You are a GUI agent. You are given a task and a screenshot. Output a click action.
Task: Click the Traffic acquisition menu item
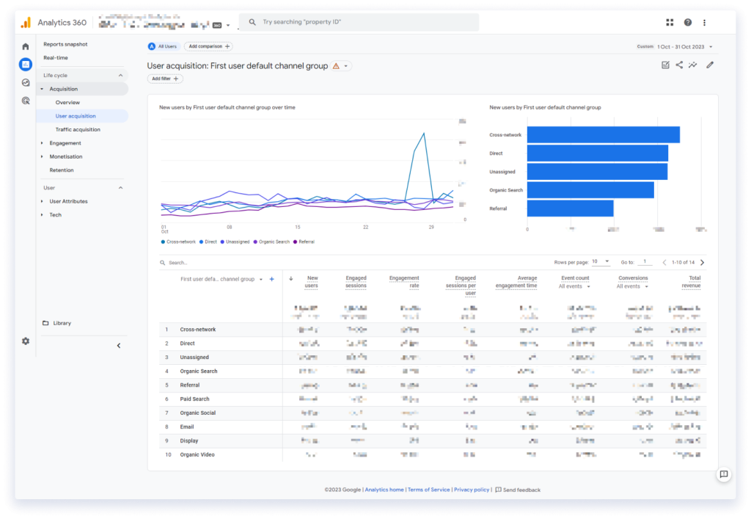pyautogui.click(x=78, y=129)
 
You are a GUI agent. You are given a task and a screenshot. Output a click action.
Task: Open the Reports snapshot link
pyautogui.click(x=65, y=44)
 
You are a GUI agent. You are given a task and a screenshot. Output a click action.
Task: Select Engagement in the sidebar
pyautogui.click(x=65, y=143)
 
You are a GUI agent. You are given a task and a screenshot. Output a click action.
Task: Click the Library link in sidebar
pyautogui.click(x=62, y=323)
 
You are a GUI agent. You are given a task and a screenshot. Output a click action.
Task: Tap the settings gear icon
pyautogui.click(x=26, y=341)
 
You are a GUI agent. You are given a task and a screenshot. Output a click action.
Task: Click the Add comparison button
pyautogui.click(x=208, y=46)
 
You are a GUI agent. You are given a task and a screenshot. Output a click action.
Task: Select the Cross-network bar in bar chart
pyautogui.click(x=603, y=135)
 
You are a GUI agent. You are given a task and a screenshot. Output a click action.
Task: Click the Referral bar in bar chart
pyautogui.click(x=570, y=208)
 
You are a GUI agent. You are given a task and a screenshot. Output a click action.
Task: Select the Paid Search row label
pyautogui.click(x=194, y=399)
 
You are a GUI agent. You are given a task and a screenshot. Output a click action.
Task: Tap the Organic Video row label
pyautogui.click(x=197, y=454)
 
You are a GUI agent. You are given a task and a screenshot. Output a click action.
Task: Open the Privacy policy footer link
pyautogui.click(x=471, y=490)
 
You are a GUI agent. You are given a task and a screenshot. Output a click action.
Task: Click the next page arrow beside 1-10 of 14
pyautogui.click(x=702, y=262)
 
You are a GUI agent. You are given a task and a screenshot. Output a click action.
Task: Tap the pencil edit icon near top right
pyautogui.click(x=709, y=65)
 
